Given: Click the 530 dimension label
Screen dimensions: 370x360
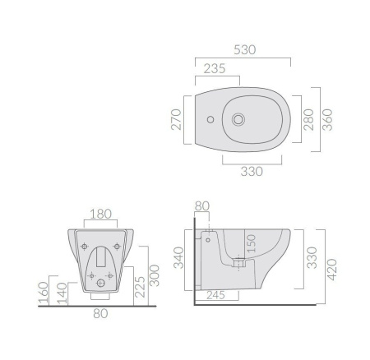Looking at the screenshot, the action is click(x=245, y=50).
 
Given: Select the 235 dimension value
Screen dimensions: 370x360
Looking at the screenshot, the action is click(x=215, y=68).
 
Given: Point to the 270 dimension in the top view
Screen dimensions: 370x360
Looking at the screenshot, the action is click(x=176, y=119).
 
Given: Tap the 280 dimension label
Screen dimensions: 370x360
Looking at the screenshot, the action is click(x=308, y=119).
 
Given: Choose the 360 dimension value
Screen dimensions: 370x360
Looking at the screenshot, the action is click(x=327, y=120).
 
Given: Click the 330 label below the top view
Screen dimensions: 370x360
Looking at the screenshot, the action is click(x=252, y=172).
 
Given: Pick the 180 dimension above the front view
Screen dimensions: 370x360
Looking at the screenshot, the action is click(x=100, y=214).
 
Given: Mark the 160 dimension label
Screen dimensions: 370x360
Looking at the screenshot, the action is click(x=44, y=293).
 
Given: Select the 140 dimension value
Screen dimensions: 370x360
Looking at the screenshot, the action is click(x=62, y=293).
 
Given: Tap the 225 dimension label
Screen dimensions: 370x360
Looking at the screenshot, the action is click(x=140, y=287).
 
